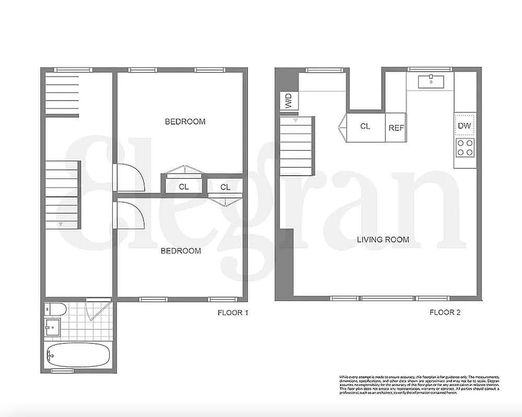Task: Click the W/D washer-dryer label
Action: [x=288, y=101]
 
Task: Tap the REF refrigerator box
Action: [x=396, y=127]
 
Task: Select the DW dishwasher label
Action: [x=464, y=126]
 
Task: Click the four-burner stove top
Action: [x=465, y=148]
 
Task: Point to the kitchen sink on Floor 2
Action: [x=431, y=81]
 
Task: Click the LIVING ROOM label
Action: [x=383, y=240]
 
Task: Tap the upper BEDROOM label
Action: [x=185, y=121]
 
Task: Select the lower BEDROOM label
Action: [x=180, y=251]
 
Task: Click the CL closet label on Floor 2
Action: [x=365, y=126]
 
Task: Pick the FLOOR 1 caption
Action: [x=232, y=313]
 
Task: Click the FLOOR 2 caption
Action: [x=444, y=313]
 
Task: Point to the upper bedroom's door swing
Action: [x=129, y=178]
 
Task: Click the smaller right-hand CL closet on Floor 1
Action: [x=225, y=187]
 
